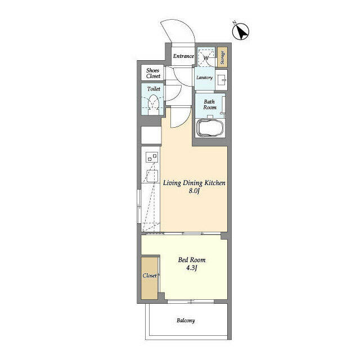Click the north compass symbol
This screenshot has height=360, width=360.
click(241, 31)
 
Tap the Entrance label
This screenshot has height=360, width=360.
click(183, 56)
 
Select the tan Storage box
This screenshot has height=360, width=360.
click(223, 57)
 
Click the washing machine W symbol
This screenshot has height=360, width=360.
click(206, 58)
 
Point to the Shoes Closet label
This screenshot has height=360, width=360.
click(153, 73)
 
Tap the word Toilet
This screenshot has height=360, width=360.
click(154, 89)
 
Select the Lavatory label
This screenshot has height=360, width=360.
click(204, 78)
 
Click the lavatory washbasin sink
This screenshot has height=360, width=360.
click(221, 80)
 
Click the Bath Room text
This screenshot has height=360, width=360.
click(210, 105)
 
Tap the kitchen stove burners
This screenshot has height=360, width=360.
click(152, 157)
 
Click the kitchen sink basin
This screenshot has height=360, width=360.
click(152, 176)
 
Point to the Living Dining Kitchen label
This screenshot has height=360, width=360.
click(194, 183)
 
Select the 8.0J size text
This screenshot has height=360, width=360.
click(193, 191)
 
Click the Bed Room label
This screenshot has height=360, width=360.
click(192, 260)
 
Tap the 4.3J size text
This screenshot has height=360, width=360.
click(192, 268)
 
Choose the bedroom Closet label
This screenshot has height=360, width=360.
click(150, 276)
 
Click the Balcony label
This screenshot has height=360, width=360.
click(186, 321)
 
